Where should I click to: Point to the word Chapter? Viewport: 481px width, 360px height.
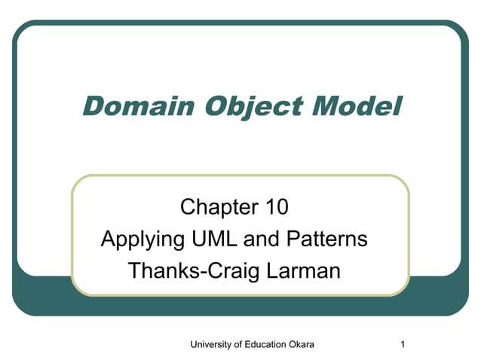216,206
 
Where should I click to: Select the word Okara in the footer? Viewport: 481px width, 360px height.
300,344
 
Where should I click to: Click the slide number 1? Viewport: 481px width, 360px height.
404,344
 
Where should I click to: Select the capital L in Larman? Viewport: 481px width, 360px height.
274,270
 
